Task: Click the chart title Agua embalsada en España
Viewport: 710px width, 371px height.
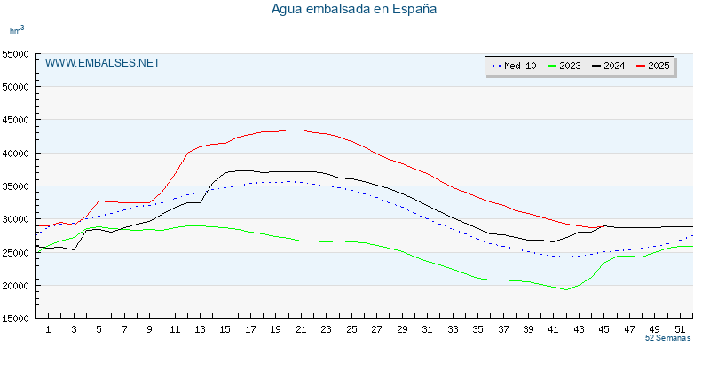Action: [354, 9]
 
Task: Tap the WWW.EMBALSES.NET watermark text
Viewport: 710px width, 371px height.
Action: [102, 63]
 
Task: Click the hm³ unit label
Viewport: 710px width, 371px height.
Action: [17, 30]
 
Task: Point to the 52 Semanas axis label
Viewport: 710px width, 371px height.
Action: [667, 339]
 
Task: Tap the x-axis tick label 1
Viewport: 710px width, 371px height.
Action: [48, 329]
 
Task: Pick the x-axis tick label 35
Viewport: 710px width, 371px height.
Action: [478, 329]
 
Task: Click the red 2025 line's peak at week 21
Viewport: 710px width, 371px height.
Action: [296, 130]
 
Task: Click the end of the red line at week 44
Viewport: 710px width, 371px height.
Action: [593, 228]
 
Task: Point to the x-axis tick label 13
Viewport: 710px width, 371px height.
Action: [200, 329]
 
